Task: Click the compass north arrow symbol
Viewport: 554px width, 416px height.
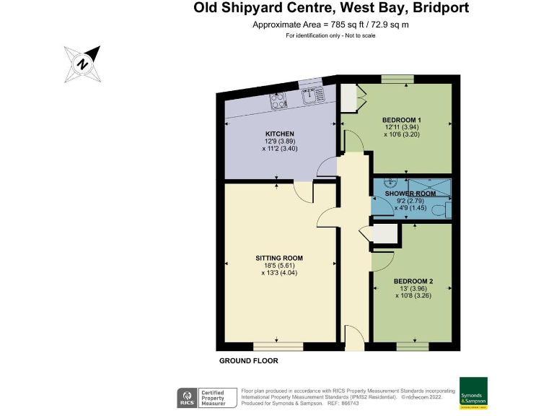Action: coord(83,63)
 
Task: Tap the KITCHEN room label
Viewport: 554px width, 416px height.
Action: coord(278,134)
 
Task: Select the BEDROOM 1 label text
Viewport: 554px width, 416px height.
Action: coord(401,120)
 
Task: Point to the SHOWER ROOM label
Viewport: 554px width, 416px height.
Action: coord(410,194)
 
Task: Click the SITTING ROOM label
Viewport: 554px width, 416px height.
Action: coord(278,258)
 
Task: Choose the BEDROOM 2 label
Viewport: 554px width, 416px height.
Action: coord(413,281)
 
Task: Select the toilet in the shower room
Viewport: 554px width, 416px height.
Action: coord(447,209)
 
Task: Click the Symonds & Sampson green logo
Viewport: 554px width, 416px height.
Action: coord(473,394)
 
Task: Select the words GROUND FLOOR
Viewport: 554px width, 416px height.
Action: coord(248,360)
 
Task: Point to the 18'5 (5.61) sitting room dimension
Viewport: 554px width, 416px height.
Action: coord(278,266)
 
